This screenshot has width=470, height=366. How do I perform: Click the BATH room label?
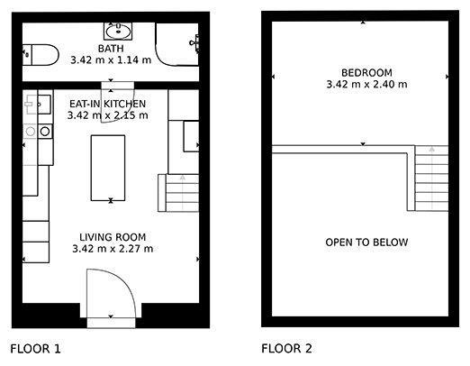(x=111, y=49)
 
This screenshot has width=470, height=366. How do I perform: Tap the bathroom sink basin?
(x=118, y=32)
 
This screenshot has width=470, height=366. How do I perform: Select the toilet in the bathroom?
(x=41, y=55)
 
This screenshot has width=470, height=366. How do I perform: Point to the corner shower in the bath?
(x=176, y=44)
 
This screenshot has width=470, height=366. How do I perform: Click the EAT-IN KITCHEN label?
(x=108, y=104)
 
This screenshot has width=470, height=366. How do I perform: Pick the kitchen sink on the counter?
(x=38, y=105)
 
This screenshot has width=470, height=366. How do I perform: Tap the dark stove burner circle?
(x=45, y=132)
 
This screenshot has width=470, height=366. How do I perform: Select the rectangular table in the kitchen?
(x=108, y=168)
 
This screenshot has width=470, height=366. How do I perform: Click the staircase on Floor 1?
(x=178, y=193)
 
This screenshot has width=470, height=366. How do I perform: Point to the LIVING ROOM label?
(x=113, y=237)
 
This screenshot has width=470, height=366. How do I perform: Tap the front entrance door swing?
(x=111, y=293)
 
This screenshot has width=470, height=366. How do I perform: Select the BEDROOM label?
(x=366, y=73)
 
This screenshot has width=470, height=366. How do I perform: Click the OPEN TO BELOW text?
(x=366, y=242)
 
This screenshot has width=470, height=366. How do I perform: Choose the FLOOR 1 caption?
(x=35, y=349)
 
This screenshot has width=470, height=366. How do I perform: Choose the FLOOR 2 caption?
(x=286, y=349)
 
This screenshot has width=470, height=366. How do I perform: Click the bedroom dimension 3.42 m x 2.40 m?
(x=366, y=84)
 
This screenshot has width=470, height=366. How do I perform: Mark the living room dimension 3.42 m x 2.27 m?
(x=113, y=249)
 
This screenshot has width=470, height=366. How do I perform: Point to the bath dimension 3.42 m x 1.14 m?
(x=111, y=60)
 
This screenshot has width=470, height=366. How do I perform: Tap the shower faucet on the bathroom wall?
(x=194, y=43)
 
